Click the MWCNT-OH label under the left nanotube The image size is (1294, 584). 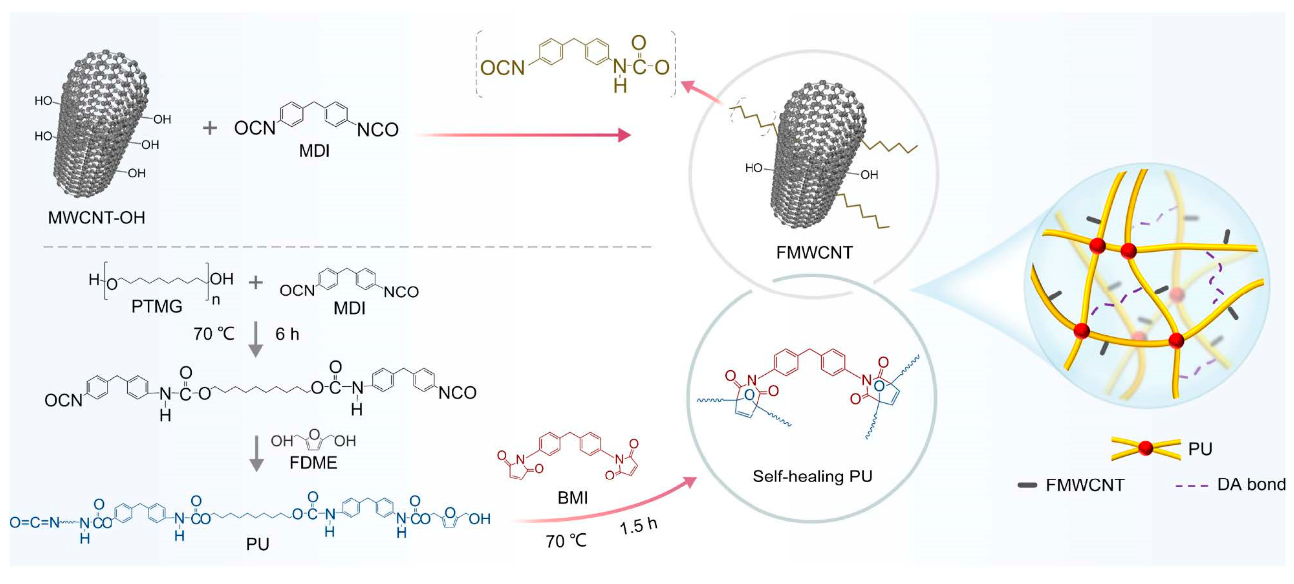tap(96, 218)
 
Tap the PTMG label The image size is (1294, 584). tap(157, 306)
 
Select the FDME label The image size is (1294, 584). tap(313, 462)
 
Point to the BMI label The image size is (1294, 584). tap(572, 497)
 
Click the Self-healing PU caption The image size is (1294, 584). tap(812, 476)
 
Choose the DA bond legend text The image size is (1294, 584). tap(1251, 485)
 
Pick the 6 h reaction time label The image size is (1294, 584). tap(287, 334)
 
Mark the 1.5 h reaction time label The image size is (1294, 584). tap(638, 526)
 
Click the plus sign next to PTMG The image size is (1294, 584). tap(256, 283)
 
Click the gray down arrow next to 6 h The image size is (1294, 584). tap(256, 339)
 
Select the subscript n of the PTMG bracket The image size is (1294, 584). tap(216, 300)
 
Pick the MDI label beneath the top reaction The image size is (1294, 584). tap(314, 151)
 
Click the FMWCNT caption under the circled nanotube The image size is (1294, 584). tap(814, 252)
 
